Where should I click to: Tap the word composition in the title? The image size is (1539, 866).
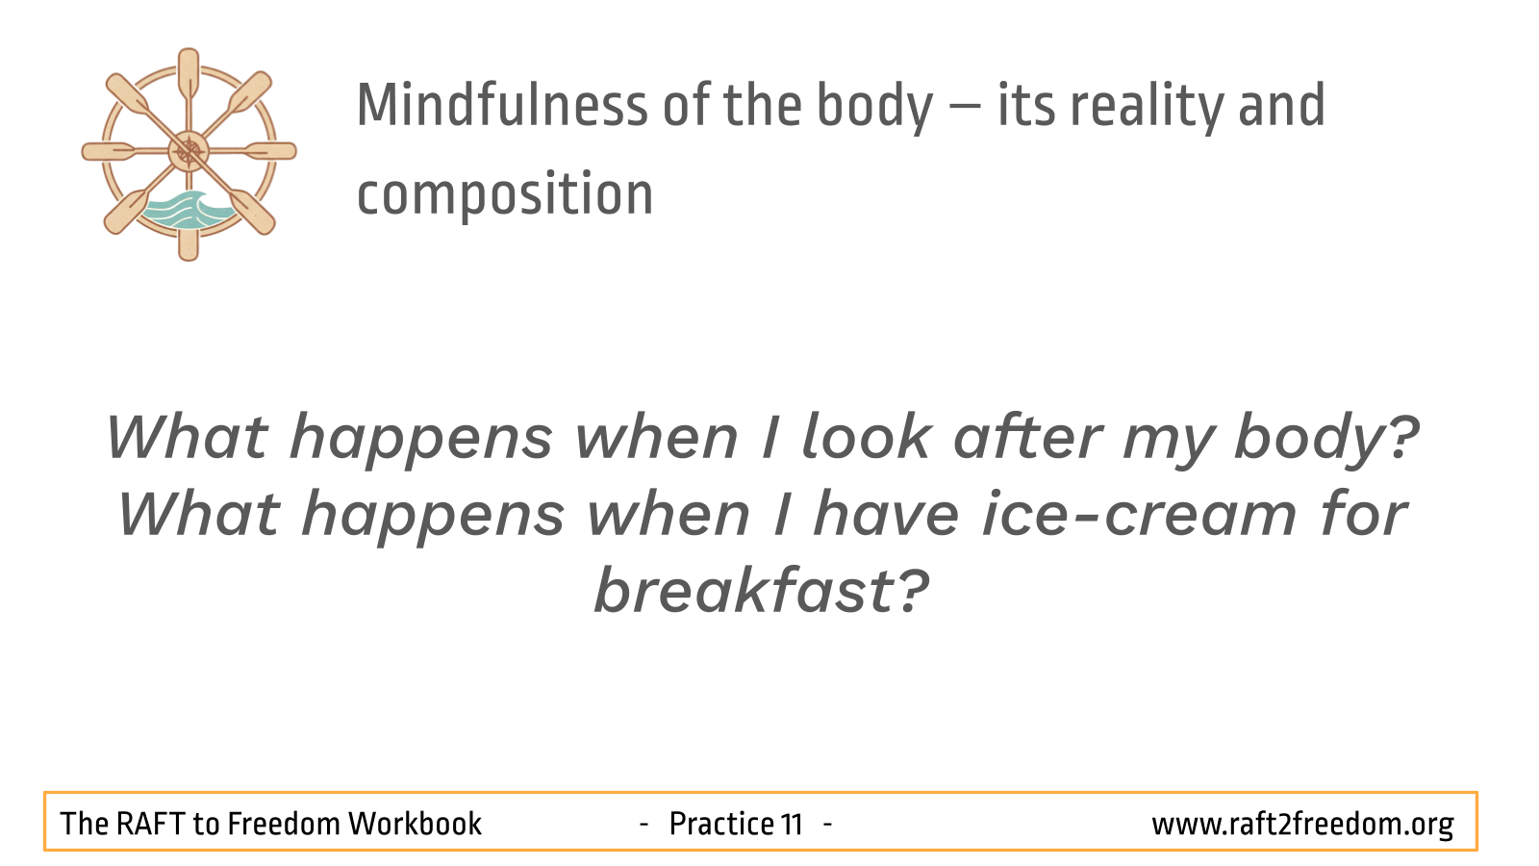(x=505, y=196)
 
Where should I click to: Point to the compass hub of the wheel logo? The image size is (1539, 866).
(x=189, y=151)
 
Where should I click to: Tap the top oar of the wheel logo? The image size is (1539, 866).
(x=189, y=76)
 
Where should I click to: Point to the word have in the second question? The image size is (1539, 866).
(x=886, y=515)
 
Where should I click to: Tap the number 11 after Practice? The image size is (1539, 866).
(x=793, y=824)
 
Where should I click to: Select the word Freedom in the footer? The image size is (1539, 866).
(x=284, y=824)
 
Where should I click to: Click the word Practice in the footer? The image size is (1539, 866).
(x=722, y=824)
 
